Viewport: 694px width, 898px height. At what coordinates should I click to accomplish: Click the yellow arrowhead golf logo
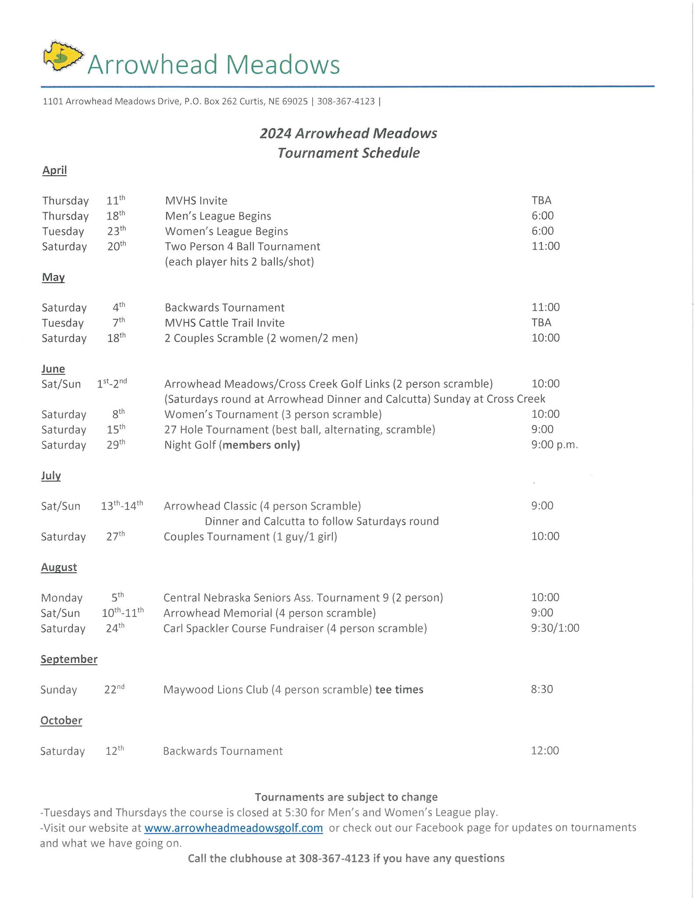coord(63,56)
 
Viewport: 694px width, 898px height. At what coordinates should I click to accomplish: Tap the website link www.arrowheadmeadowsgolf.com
coord(233,828)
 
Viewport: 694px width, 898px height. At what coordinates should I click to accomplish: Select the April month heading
coord(54,170)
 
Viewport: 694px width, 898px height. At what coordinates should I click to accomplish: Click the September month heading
coord(69,659)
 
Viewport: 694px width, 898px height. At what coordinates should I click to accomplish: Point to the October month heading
coord(61,720)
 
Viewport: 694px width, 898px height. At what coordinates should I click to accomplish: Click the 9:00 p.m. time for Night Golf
coord(555,445)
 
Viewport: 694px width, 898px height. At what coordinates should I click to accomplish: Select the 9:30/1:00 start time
coord(555,628)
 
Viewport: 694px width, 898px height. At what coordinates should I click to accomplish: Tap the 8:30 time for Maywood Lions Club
coord(542,689)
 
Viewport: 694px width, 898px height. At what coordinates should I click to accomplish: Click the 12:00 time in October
coord(545,751)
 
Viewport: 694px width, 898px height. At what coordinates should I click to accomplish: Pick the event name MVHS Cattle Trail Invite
coord(224,323)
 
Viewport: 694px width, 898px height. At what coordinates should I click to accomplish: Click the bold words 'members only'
coord(261,445)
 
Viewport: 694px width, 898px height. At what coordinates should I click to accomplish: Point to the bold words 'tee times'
coord(399,690)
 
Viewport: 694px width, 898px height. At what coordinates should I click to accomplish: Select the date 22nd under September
coord(114,689)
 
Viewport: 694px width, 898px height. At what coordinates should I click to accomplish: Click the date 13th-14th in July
coord(122,506)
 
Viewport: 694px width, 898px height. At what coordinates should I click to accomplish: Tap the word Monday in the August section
coord(62,598)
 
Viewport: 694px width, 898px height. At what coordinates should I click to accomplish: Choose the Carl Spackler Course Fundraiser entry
coord(295,628)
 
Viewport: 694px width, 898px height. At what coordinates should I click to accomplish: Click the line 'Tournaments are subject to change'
coord(346,797)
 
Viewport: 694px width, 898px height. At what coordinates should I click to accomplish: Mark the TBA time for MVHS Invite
coord(541,200)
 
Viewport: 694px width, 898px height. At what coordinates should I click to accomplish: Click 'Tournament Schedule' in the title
coord(349,153)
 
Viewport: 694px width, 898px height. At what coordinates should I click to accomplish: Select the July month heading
coord(51,476)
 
